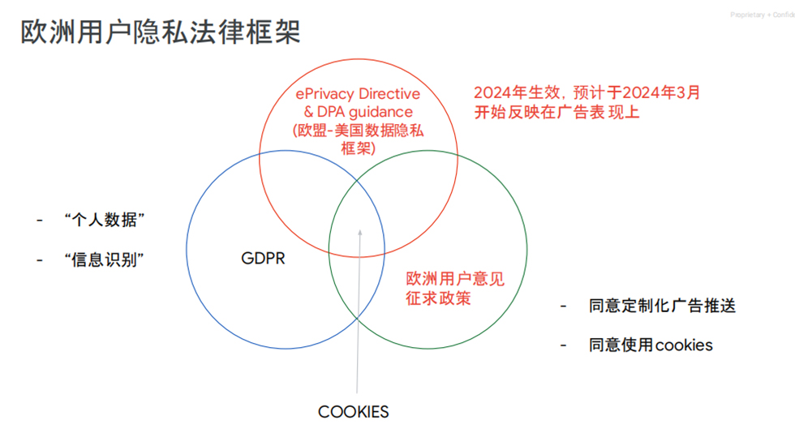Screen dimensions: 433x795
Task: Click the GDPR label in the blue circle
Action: [x=263, y=259]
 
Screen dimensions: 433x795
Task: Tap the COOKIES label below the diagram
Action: [x=353, y=412]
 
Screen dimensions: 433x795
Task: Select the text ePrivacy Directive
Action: [x=357, y=95]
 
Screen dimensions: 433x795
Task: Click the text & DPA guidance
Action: [x=358, y=112]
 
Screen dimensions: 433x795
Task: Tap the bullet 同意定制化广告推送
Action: [x=662, y=306]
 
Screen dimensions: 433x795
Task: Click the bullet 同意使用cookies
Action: [x=651, y=345]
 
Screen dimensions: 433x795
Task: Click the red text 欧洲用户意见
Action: [x=454, y=279]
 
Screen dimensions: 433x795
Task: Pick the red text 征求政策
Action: [x=438, y=298]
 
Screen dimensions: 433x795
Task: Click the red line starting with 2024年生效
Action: [x=587, y=92]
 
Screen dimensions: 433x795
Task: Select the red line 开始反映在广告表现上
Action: [x=556, y=112]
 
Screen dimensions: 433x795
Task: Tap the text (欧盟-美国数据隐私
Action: [x=358, y=130]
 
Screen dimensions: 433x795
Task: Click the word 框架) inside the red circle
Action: [x=358, y=148]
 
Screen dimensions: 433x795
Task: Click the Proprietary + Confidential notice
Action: [x=762, y=15]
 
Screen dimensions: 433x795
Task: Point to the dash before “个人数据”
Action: [x=39, y=221]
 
